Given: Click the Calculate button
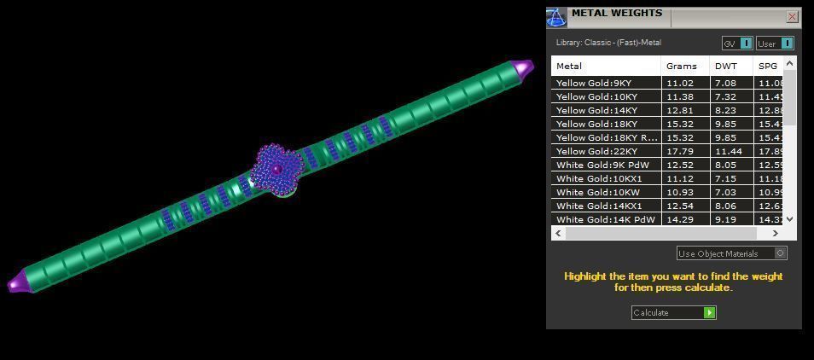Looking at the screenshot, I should point(673,313).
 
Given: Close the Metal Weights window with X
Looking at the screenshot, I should point(792,16).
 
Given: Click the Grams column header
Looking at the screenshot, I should point(681,67).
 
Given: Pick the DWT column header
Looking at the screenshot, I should point(726,67).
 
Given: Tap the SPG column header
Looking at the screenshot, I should point(767,67).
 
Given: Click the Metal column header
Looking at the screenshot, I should point(569,67).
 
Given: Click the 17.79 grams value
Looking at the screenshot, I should point(679,152).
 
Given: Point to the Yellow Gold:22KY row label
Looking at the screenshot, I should point(596,152).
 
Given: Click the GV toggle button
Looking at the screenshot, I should point(737,44).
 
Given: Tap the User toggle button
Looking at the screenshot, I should point(775,44).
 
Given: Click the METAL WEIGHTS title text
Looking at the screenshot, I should point(616,14).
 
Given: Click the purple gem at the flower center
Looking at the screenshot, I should point(277,170).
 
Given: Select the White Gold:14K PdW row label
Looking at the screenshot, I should point(601,220).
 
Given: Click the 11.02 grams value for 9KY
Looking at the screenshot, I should point(679,84).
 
